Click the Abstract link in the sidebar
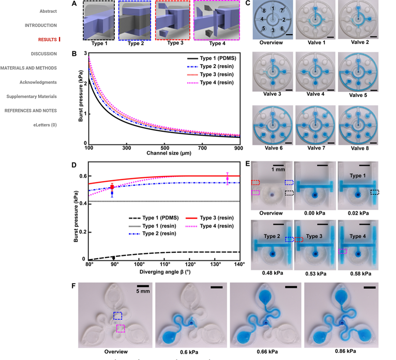(x=48, y=11)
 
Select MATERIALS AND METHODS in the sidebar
(x=28, y=68)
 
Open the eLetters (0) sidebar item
(x=45, y=125)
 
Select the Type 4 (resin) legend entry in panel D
(x=216, y=226)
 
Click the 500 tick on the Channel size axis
(x=164, y=149)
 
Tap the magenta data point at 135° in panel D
(x=227, y=178)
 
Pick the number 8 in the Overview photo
(x=264, y=11)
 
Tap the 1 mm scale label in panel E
(x=278, y=170)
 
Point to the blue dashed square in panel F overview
(x=118, y=316)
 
